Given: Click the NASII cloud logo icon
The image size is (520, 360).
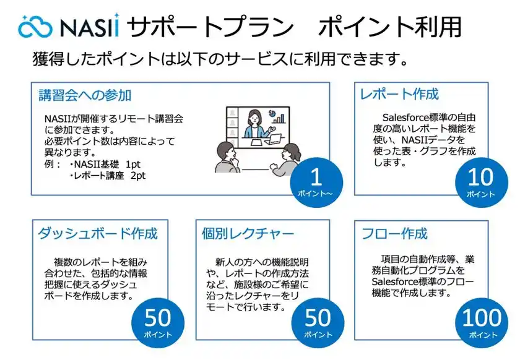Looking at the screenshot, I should click(37, 27).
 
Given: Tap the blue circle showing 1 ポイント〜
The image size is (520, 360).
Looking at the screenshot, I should click(316, 182).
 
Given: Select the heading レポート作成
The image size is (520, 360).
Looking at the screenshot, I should click(399, 95).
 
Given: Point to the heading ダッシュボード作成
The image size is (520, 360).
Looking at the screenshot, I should click(98, 234).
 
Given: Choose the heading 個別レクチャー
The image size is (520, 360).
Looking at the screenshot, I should click(248, 234).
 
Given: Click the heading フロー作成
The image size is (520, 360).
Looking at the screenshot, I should click(394, 234).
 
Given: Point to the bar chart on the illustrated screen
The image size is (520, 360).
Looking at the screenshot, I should click(280, 117).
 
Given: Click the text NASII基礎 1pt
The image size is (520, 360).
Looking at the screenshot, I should click(105, 165).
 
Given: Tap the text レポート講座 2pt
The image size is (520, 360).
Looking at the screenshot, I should click(108, 176).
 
